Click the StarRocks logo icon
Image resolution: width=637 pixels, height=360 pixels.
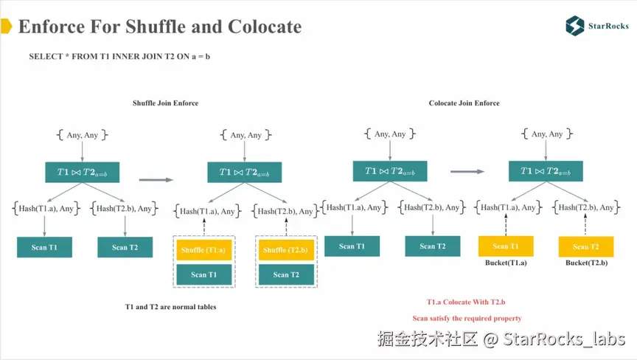574,26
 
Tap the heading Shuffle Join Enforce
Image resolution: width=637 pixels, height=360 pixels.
165,103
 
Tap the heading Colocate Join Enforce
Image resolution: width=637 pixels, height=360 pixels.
464,103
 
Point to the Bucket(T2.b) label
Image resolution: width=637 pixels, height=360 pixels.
586,263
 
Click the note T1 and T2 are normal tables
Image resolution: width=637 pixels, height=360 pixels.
170,306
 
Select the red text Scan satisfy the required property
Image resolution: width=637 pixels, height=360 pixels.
467,318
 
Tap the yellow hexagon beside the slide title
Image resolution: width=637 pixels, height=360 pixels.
5,27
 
